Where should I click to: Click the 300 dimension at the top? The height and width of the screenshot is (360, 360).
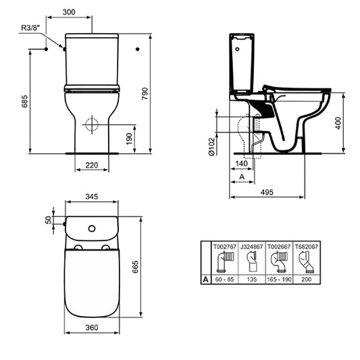click(87, 13)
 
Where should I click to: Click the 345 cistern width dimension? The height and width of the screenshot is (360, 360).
click(93, 196)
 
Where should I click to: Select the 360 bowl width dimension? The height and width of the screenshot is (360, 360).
click(92, 328)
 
